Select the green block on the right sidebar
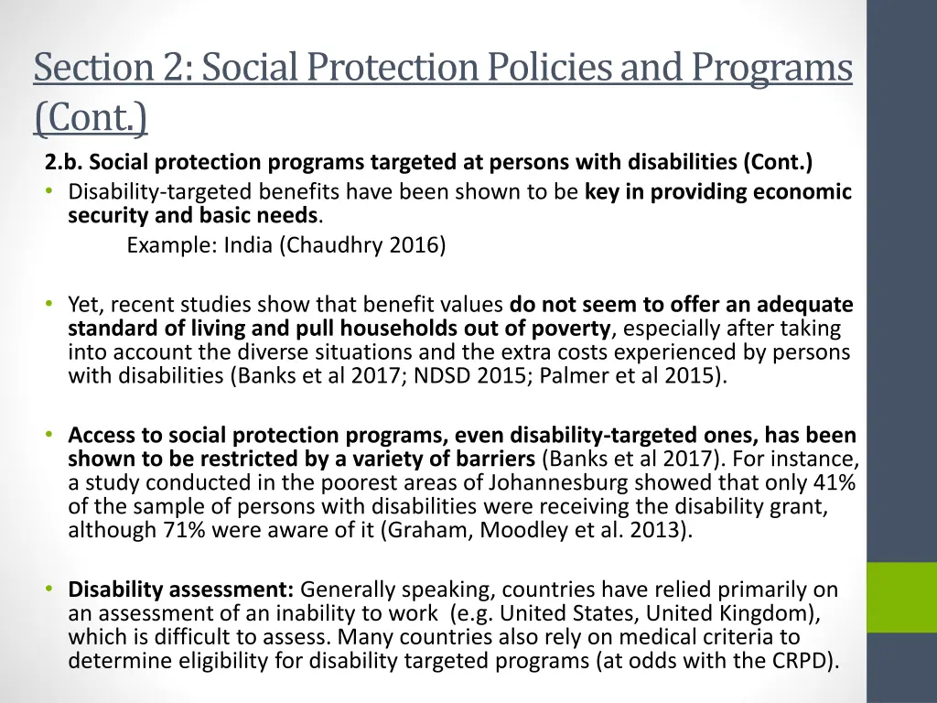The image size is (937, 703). click(x=901, y=597)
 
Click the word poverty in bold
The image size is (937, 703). click(x=572, y=329)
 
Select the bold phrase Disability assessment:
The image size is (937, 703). click(x=181, y=589)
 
